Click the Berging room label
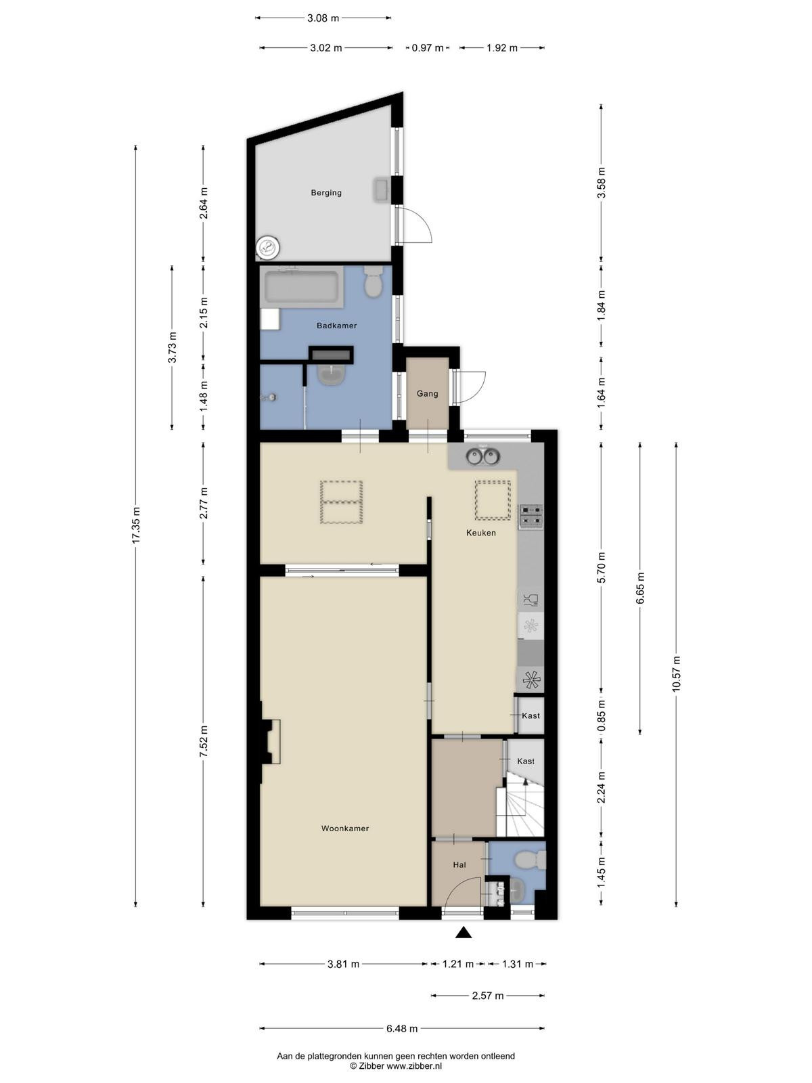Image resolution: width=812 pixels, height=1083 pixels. (x=326, y=193)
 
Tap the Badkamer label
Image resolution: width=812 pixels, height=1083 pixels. (x=337, y=326)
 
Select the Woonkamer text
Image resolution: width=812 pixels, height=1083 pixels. (x=345, y=828)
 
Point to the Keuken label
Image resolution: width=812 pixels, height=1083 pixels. (x=480, y=533)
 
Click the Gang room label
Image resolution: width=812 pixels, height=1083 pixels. (x=427, y=394)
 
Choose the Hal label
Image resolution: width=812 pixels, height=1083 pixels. (x=459, y=865)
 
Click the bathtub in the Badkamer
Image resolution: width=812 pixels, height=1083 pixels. (x=301, y=287)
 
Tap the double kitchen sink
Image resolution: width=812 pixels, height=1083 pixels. (x=482, y=456)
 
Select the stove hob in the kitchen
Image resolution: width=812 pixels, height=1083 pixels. (x=531, y=516)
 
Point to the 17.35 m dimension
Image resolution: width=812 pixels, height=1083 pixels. (x=136, y=525)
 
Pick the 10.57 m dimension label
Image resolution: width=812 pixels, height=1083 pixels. (x=676, y=673)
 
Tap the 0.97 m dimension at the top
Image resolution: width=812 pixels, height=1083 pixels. (x=428, y=48)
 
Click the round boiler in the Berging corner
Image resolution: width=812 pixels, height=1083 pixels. (x=268, y=246)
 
